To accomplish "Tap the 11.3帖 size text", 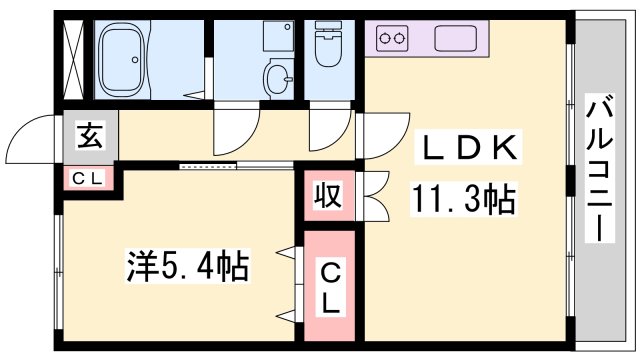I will (x=461, y=200).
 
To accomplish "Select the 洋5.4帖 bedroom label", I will (x=187, y=266).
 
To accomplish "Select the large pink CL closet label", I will (x=329, y=287).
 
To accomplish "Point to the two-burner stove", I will (x=391, y=40).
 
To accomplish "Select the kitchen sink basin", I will (x=461, y=39).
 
